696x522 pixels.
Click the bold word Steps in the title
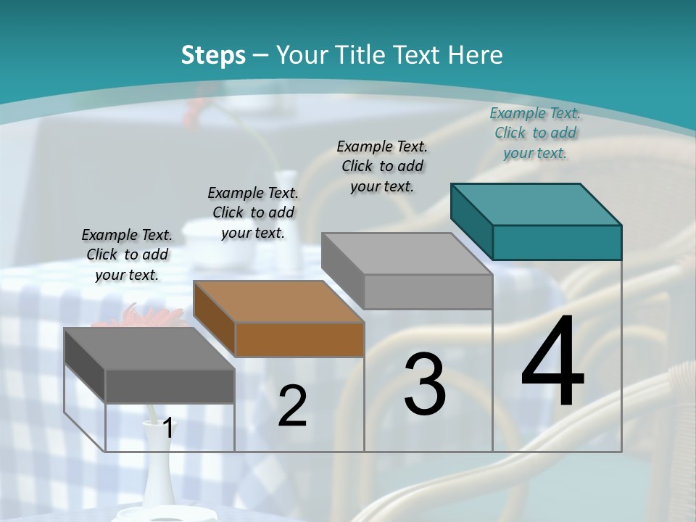tap(213, 55)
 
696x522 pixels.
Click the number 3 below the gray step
tap(425, 384)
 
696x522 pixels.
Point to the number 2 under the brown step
tap(292, 407)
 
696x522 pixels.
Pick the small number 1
tap(168, 428)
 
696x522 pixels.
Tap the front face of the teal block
tap(557, 242)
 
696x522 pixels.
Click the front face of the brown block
tap(299, 339)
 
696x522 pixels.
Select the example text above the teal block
tap(535, 133)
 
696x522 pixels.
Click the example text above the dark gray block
tap(127, 254)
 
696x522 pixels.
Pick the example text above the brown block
tap(253, 212)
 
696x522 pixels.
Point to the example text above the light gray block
tap(382, 166)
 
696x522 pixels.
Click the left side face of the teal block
tap(472, 221)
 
